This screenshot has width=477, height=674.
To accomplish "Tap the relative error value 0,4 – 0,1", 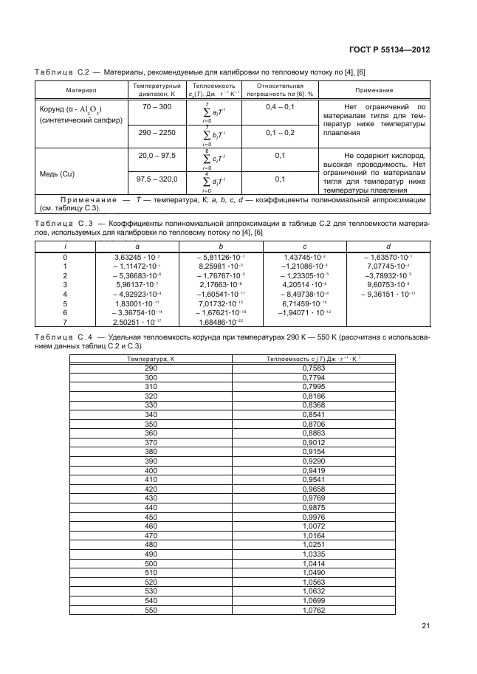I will (280, 107).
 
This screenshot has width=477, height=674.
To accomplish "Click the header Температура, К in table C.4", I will (151, 357).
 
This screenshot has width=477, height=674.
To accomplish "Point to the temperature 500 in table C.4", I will (151, 563).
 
